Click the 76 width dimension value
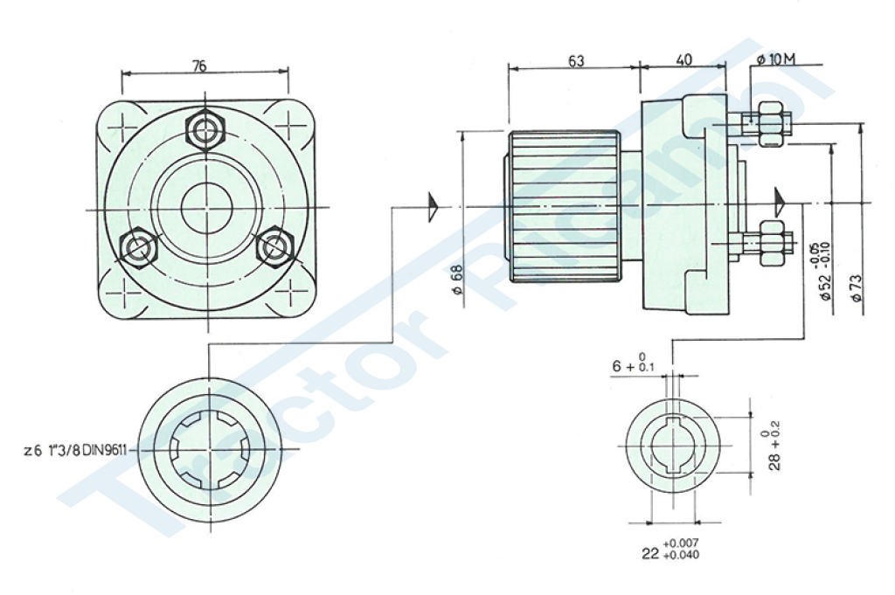coord(198,66)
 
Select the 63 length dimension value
coord(577,60)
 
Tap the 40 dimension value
coord(683,59)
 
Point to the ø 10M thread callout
coord(776,59)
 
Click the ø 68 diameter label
coord(456,280)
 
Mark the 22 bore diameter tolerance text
coord(670,549)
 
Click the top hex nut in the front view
coord(205,131)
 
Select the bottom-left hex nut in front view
coord(138,248)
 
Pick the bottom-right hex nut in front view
coord(274,246)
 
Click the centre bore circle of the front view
coord(206,208)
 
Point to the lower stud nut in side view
coord(771,243)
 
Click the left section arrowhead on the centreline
coord(434,206)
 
